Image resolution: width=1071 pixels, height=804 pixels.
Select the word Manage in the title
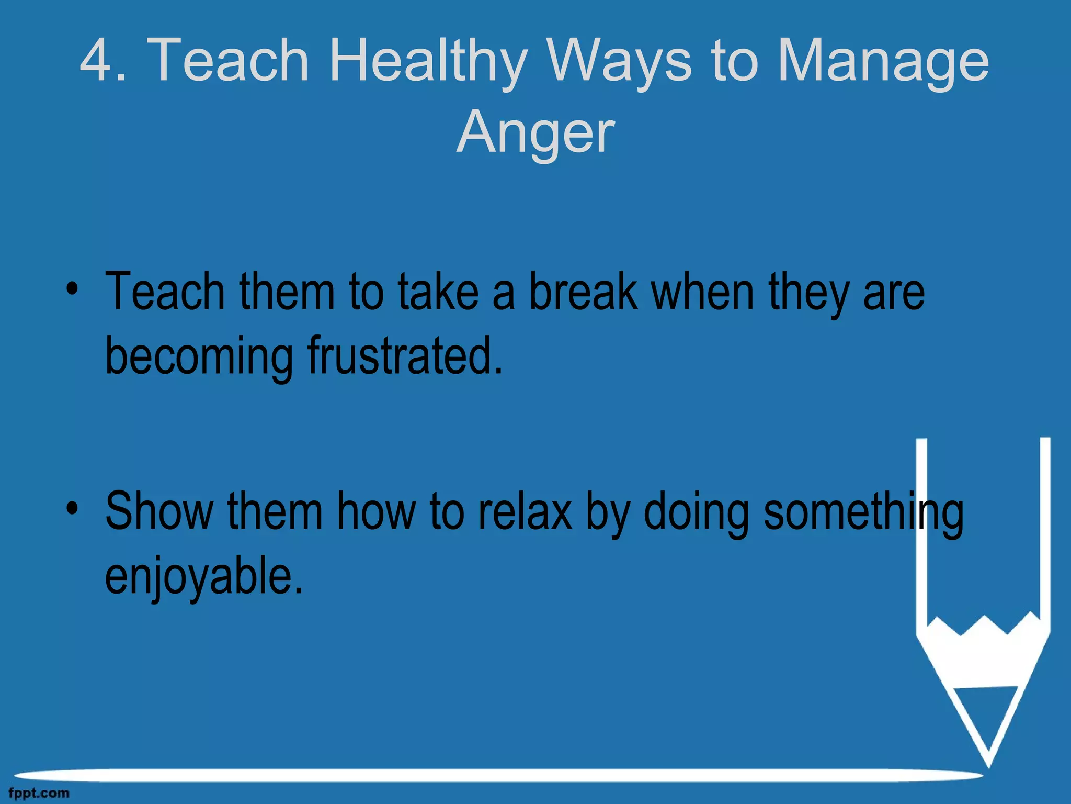point(883,62)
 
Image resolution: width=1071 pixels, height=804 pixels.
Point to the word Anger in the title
point(535,133)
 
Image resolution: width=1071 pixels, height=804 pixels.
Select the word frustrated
point(405,356)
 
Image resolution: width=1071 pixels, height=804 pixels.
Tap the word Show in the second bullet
point(159,511)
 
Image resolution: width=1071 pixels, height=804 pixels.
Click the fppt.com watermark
point(39,794)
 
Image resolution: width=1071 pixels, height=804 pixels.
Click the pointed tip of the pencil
point(988,762)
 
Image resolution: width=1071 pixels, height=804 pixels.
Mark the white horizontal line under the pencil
point(497,775)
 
